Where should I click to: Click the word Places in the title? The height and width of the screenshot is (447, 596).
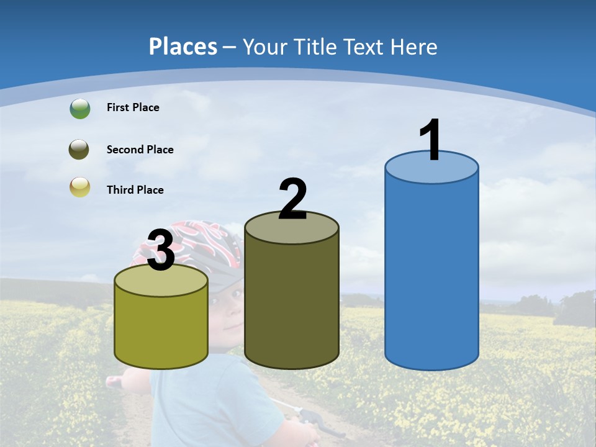pos(183,47)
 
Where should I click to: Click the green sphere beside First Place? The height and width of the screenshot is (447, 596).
pos(79,109)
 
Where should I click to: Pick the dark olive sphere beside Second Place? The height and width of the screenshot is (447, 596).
pos(79,150)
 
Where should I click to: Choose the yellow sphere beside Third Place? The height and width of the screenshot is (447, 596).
pos(79,187)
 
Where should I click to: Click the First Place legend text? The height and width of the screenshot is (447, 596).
pos(133,107)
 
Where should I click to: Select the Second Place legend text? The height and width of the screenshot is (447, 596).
pos(140,150)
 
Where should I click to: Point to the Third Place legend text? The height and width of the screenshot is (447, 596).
pos(135,190)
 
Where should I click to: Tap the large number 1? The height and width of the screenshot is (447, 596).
pos(430,140)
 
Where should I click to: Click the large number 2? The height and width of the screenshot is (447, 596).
pos(292,199)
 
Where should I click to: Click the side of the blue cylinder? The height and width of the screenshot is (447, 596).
pos(431,273)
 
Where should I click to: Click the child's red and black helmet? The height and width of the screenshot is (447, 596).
pos(211,239)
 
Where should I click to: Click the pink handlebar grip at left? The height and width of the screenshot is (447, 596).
pos(115,381)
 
